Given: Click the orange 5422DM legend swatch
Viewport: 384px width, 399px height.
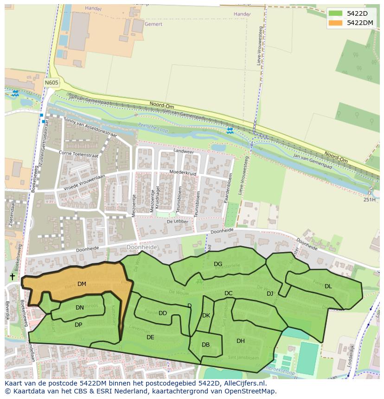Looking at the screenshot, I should click(x=335, y=23).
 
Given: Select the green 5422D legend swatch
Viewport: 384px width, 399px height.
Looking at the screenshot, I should click(x=335, y=13).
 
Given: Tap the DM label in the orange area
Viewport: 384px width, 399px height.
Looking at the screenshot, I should click(x=82, y=284).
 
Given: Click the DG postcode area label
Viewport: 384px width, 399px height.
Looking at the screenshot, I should click(x=218, y=264).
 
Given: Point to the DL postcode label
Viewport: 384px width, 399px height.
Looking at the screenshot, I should click(x=328, y=286).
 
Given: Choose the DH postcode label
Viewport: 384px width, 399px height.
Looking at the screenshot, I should click(x=241, y=341).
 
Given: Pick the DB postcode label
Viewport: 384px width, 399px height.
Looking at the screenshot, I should click(x=206, y=345).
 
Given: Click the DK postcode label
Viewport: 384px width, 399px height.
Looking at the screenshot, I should click(x=206, y=316).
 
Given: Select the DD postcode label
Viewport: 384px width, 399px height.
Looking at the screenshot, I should click(x=163, y=313).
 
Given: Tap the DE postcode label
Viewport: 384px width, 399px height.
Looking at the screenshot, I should click(x=150, y=337).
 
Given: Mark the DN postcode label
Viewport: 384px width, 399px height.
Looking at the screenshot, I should click(x=80, y=308).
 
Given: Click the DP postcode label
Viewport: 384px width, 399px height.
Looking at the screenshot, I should click(x=78, y=325).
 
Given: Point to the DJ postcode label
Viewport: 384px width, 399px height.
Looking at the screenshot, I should click(x=270, y=294).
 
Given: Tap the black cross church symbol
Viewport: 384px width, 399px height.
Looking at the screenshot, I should click(x=12, y=277).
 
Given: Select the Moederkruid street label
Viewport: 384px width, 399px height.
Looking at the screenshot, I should click(x=183, y=173).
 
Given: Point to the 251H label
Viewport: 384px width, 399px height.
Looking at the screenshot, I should click(x=370, y=200).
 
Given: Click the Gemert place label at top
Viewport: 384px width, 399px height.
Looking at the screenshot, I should click(x=154, y=24).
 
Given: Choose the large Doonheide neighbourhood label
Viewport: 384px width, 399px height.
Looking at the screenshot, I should click(x=142, y=247).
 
